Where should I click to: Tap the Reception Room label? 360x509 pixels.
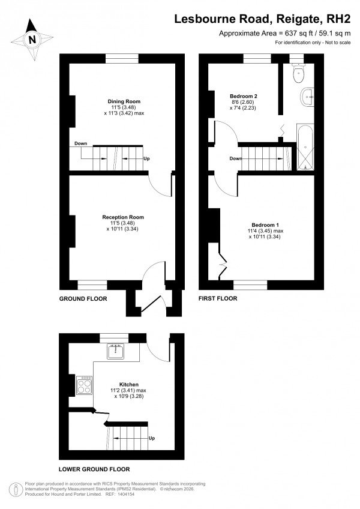pyautogui.click(x=123, y=217)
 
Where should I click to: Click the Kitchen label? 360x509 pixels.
pyautogui.click(x=129, y=384)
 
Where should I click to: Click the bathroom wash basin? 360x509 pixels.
pyautogui.click(x=308, y=95)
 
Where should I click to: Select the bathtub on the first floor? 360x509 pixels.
pyautogui.click(x=305, y=147)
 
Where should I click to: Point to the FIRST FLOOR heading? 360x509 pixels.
pyautogui.click(x=218, y=298)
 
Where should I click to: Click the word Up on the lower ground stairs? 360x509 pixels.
pyautogui.click(x=152, y=438)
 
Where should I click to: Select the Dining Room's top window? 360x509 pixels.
pyautogui.click(x=122, y=58)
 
